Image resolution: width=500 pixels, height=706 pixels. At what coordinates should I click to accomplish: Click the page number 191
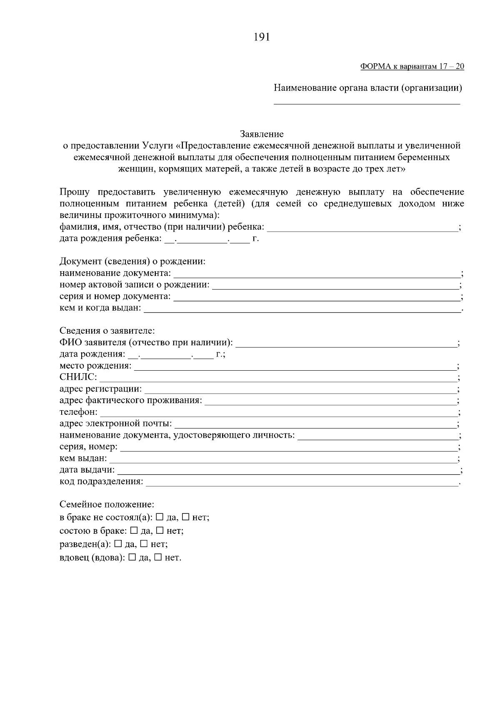[x=262, y=37]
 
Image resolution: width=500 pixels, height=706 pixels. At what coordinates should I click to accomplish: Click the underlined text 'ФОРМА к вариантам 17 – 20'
[x=412, y=67]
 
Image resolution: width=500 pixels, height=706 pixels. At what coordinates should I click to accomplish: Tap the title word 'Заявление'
[x=262, y=134]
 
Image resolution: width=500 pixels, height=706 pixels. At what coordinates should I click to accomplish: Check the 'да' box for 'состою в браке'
[x=134, y=530]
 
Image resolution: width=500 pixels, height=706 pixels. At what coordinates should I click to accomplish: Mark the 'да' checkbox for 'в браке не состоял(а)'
[x=160, y=517]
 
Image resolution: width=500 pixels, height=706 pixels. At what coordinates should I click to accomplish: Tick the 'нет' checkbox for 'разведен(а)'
[x=144, y=544]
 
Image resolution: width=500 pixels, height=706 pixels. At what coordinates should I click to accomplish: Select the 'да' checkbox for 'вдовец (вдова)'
[x=132, y=557]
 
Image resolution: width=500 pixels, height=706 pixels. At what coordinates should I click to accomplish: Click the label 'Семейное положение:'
[x=107, y=505]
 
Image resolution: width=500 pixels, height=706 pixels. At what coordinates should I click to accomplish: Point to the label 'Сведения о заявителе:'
[x=107, y=331]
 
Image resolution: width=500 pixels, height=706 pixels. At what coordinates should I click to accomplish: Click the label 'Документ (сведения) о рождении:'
[x=132, y=262]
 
